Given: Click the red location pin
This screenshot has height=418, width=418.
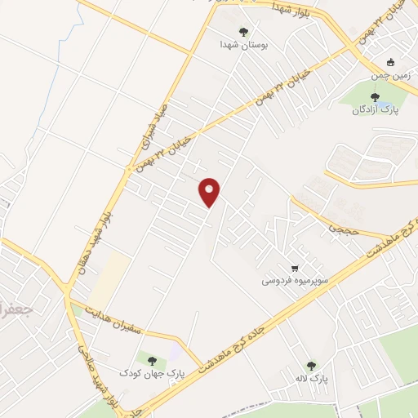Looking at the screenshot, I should pyautogui.click(x=211, y=192).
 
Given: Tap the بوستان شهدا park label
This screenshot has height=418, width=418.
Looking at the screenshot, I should pyautogui.click(x=243, y=45).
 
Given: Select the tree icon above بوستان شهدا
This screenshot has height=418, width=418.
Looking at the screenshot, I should pyautogui.click(x=243, y=32).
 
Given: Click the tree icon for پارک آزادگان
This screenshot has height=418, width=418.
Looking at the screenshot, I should pyautogui.click(x=375, y=97).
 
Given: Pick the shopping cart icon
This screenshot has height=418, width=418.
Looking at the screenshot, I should pyautogui.click(x=295, y=267).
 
